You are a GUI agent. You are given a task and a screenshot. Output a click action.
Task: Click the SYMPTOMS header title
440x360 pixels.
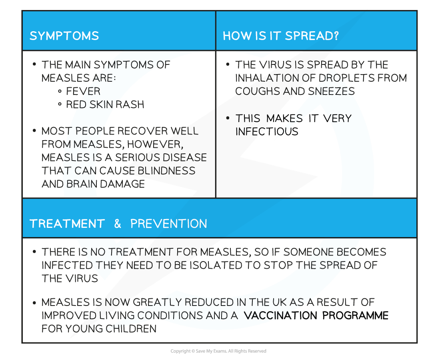pyautogui.click(x=64, y=36)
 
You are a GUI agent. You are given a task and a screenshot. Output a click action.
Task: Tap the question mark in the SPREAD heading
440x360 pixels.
pyautogui.click(x=336, y=36)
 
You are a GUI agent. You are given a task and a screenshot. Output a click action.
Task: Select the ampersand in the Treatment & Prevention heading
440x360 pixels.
pyautogui.click(x=118, y=224)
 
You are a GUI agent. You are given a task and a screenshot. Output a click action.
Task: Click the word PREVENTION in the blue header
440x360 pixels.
pyautogui.click(x=169, y=224)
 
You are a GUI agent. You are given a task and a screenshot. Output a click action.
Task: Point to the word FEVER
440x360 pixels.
pyautogui.click(x=83, y=91)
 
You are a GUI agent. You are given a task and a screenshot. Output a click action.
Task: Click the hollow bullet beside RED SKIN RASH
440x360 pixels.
pyautogui.click(x=60, y=104)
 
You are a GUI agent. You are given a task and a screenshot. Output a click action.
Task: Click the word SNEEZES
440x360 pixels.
pyautogui.click(x=332, y=91)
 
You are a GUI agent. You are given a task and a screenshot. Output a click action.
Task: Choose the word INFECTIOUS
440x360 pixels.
pyautogui.click(x=267, y=131)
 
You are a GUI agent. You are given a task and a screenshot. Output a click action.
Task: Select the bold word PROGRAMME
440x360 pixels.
pyautogui.click(x=356, y=315)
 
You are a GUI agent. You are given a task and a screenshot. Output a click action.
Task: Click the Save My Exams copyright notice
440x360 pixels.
pyautogui.click(x=218, y=351)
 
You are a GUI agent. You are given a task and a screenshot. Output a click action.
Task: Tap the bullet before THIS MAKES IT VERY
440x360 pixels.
pyautogui.click(x=228, y=118)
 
